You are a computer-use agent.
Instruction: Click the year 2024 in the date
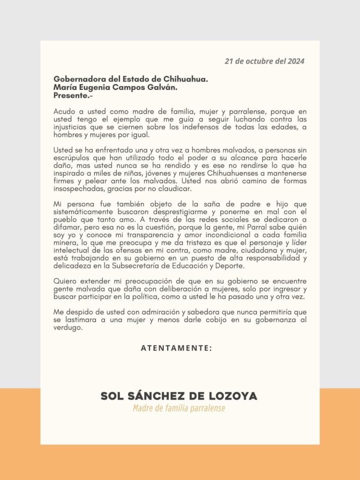[296, 61]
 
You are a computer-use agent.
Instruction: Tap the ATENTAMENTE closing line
[176, 348]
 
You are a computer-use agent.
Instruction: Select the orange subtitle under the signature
[179, 408]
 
